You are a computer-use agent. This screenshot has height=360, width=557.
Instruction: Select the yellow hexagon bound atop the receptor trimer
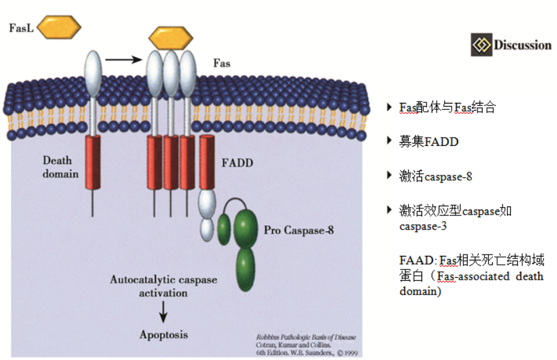(170, 39)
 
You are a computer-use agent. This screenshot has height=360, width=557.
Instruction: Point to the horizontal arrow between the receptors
(123, 60)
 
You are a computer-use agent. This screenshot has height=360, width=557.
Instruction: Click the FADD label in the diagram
(236, 163)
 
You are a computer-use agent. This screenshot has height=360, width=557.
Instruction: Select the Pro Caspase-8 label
(299, 230)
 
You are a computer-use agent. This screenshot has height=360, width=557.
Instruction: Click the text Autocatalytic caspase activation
(164, 286)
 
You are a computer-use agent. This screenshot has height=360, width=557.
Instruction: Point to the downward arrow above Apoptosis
(163, 312)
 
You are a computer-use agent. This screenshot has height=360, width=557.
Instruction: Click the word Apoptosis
(164, 335)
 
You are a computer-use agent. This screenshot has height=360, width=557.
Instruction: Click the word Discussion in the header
(522, 45)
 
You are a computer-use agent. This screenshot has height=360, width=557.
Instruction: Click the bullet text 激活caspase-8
(436, 175)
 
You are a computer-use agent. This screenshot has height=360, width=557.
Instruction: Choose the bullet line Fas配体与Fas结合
(447, 107)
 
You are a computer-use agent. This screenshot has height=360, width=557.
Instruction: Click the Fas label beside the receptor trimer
(222, 64)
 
